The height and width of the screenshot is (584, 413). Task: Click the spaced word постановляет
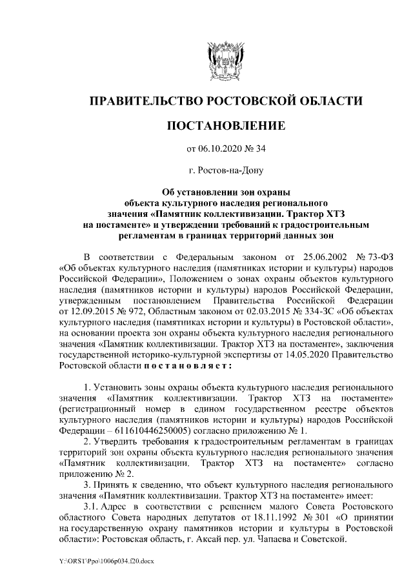pos(182,365)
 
